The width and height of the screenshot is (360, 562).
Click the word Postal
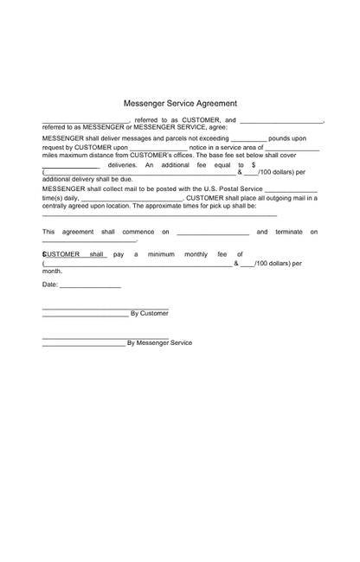click(224, 188)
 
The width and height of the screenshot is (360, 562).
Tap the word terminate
click(289, 232)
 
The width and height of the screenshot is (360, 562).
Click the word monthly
click(196, 254)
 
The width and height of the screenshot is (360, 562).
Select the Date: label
click(50, 284)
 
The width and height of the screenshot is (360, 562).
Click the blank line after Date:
click(90, 286)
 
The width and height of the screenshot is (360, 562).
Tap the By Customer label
click(149, 313)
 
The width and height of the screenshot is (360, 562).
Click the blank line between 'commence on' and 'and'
click(213, 233)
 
